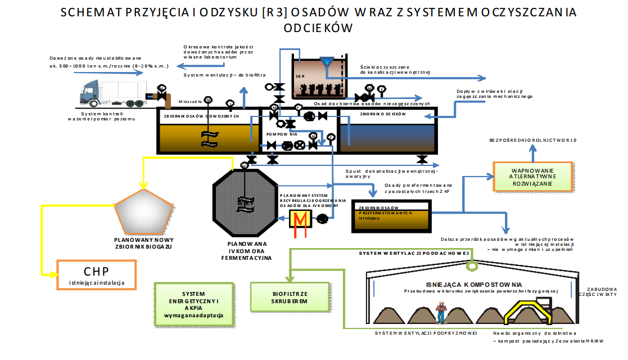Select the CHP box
pyautogui.click(x=96, y=274)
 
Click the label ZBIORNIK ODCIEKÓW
pyautogui.click(x=375, y=114)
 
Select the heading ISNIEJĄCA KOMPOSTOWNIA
pyautogui.click(x=466, y=284)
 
